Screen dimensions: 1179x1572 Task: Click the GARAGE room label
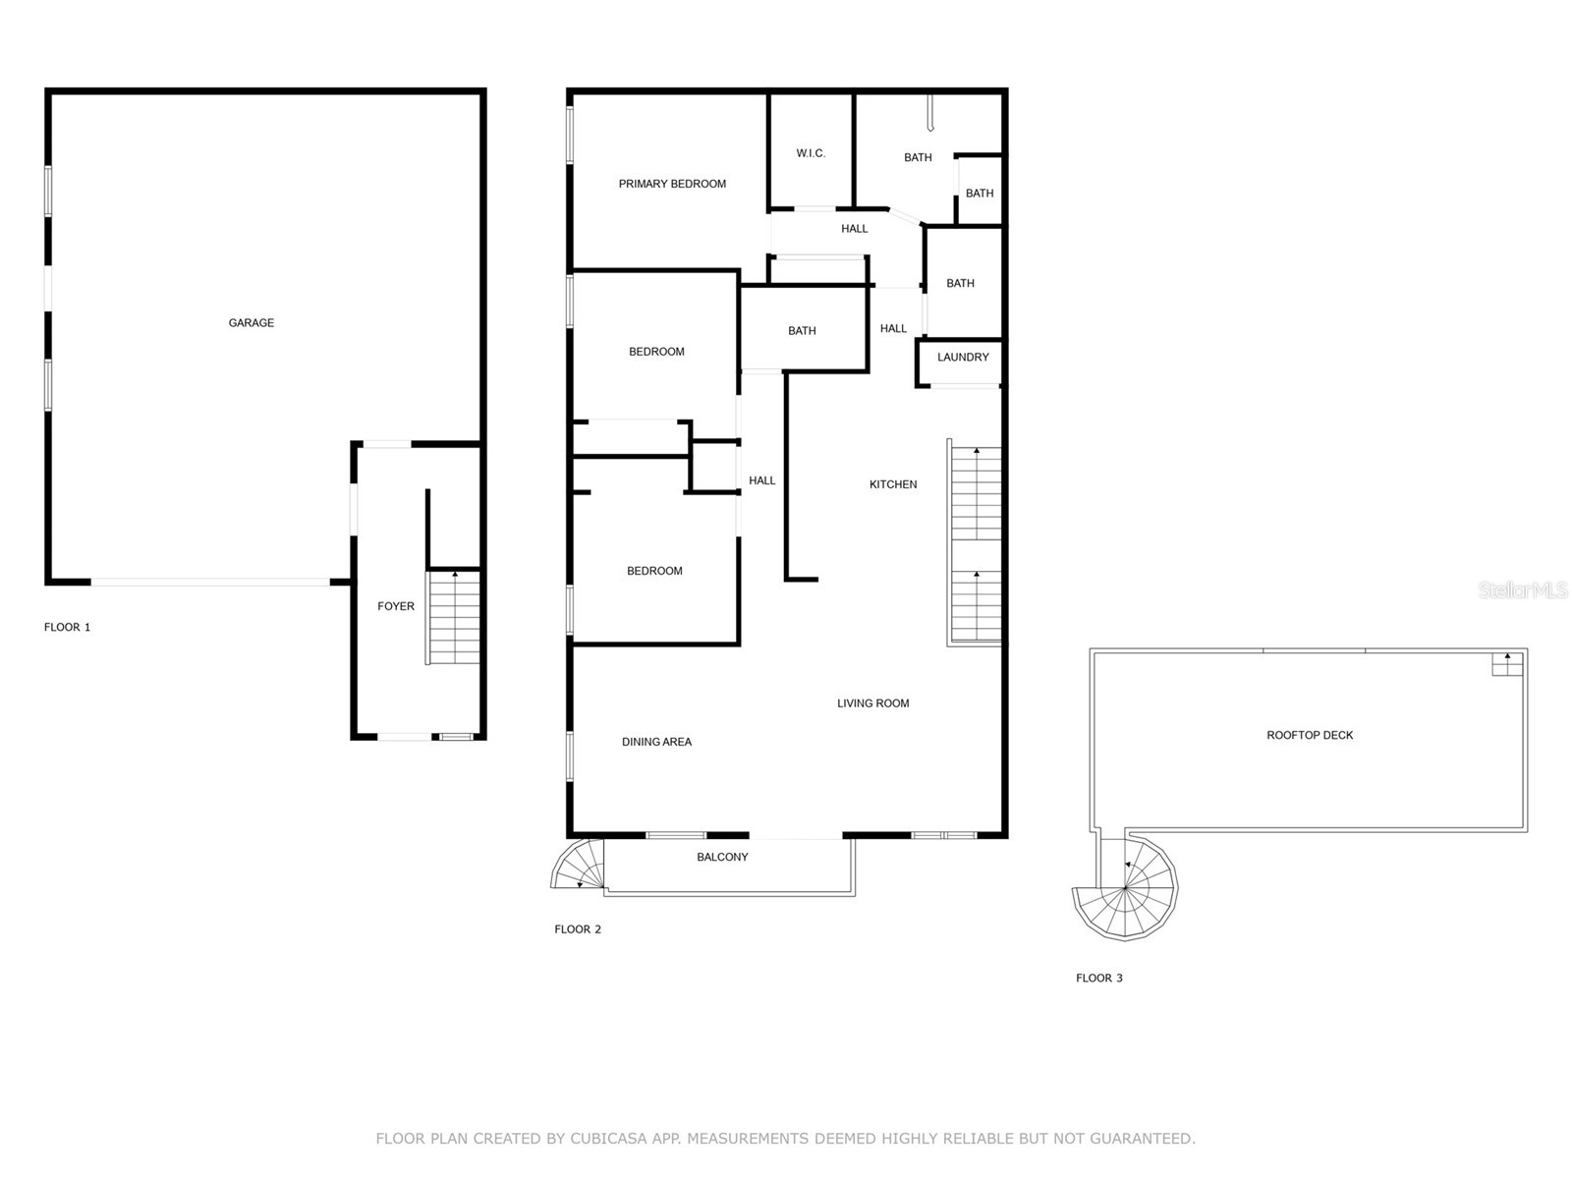[x=252, y=323]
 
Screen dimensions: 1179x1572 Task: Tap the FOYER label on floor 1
[x=396, y=607]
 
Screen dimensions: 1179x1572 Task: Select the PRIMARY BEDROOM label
[x=672, y=184]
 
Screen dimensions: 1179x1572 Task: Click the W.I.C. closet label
[x=811, y=153]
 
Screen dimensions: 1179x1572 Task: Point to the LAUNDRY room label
[x=963, y=358]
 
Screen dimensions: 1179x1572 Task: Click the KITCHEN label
[x=893, y=484]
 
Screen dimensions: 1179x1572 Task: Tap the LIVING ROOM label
[x=872, y=703]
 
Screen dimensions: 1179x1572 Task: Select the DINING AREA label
[x=656, y=742]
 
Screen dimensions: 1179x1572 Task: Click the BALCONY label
[x=722, y=858]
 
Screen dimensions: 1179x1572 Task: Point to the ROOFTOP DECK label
[x=1310, y=735]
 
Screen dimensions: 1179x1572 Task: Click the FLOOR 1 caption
[x=68, y=628]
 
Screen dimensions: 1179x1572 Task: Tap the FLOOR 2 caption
[x=578, y=929]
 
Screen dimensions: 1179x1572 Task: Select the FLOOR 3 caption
[x=1099, y=979]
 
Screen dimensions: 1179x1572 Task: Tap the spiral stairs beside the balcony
[x=579, y=866]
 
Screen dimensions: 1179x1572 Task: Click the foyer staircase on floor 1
[x=454, y=619]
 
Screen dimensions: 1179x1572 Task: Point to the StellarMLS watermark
[x=1523, y=589]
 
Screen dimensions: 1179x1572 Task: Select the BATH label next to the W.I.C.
[x=918, y=158]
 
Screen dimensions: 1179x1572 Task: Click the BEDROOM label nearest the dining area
[x=654, y=571]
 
